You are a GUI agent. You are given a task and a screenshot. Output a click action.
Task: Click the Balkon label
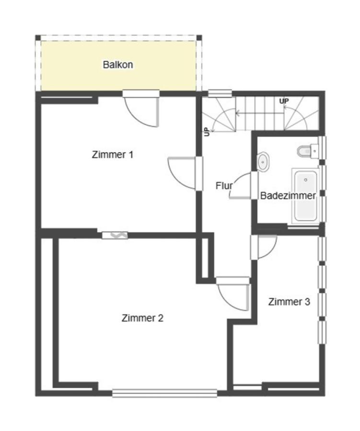[x=118, y=65]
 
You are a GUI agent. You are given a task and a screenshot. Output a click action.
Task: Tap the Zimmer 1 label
[x=112, y=155]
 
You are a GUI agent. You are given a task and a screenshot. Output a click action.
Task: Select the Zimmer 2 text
[x=142, y=318]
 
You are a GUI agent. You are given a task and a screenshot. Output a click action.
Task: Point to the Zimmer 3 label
[x=289, y=302]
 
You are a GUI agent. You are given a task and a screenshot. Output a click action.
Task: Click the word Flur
[x=224, y=186]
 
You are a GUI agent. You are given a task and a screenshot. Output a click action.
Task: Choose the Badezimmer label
[x=288, y=195]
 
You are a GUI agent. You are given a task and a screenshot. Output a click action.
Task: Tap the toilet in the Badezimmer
[x=305, y=151]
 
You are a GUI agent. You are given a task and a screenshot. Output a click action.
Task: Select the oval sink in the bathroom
[x=263, y=161]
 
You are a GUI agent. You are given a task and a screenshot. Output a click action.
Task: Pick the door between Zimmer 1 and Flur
[x=184, y=173]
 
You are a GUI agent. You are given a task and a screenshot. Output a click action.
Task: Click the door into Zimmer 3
[x=264, y=247]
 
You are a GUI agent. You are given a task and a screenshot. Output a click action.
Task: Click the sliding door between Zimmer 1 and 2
[x=115, y=235]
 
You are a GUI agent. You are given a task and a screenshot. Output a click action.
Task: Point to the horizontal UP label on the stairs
[x=284, y=101]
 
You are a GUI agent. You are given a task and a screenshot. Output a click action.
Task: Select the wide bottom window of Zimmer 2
[x=164, y=393]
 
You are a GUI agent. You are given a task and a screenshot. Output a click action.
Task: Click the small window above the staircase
[x=217, y=93]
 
